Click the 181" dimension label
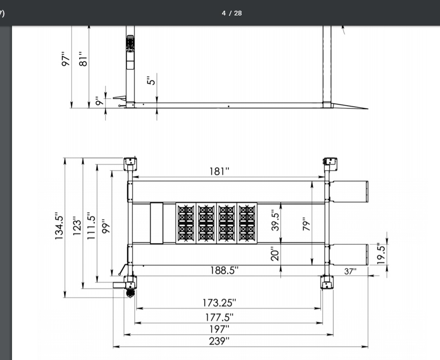[219, 171]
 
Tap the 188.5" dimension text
[224, 271]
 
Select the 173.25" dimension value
[219, 303]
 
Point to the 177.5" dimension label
[219, 317]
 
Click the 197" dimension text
[219, 329]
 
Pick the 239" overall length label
[219, 341]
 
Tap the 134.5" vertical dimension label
[59, 226]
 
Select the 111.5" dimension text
[91, 226]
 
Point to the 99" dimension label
[106, 226]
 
